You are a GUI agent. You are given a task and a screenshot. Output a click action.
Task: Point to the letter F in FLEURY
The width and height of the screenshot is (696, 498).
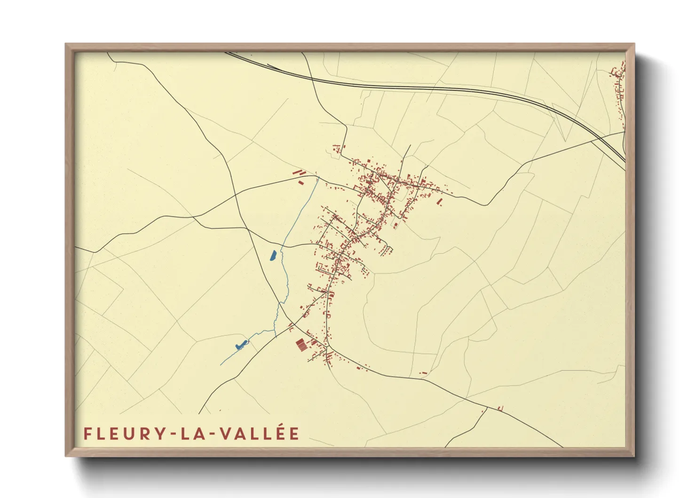click(87, 434)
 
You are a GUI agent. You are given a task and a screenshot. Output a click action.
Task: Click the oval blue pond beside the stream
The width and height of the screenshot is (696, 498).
click(273, 256)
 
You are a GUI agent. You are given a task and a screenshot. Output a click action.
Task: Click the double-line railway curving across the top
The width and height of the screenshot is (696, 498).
click(423, 88)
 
